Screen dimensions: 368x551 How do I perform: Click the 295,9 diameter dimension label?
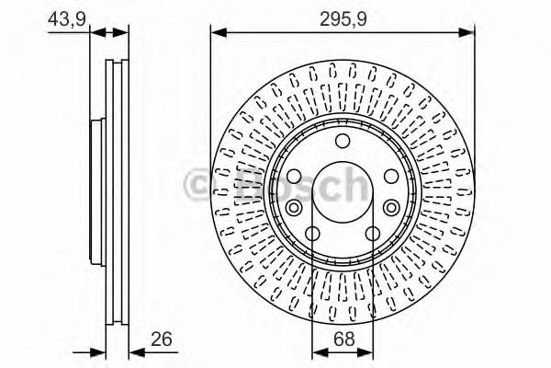343,16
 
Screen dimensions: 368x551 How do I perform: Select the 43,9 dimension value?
62,16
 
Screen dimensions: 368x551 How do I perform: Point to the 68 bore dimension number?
343,339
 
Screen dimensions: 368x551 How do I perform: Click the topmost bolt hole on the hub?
343,140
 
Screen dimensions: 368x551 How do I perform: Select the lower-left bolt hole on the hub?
312,233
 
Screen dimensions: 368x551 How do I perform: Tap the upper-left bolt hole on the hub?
294,176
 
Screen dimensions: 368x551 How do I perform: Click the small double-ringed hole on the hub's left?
296,208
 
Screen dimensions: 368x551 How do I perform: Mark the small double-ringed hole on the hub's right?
391,208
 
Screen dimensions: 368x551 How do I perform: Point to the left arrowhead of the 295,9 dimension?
217,33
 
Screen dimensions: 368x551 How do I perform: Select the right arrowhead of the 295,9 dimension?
469,33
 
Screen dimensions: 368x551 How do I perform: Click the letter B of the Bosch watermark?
230,184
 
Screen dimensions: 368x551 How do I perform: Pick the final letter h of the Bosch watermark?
354,184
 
